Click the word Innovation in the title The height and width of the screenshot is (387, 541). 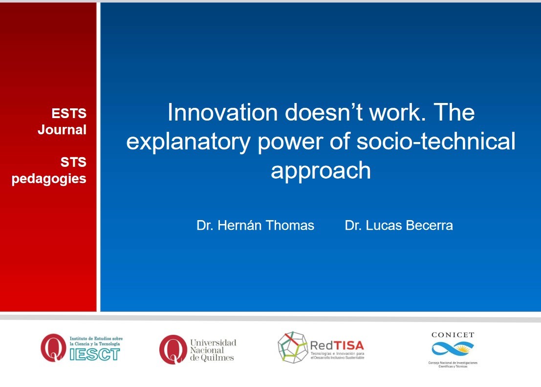pos(222,112)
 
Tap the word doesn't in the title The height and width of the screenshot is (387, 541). pos(324,112)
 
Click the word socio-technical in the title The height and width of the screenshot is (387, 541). pos(436,141)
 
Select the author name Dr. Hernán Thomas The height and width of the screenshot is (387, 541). pos(255,225)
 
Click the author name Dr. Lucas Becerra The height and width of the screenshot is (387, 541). pos(399,225)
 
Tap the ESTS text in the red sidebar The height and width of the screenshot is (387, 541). pos(69,113)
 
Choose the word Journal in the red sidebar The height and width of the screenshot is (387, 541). pos(62,130)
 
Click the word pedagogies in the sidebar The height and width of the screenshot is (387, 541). pos(49,179)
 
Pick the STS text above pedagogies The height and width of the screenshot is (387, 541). pos(73,162)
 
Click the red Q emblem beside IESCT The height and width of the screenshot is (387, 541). pos(53,347)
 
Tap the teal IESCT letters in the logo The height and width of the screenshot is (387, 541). pos(95,354)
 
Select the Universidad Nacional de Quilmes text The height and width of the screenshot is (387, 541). pos(213,350)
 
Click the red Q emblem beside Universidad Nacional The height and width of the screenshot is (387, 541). pos(173,349)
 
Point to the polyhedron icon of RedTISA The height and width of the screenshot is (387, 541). pos(293,347)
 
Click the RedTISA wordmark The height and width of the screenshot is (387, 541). pos(337,346)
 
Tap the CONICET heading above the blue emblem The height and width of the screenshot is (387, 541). pos(453,335)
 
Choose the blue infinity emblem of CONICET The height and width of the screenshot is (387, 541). pos(453,349)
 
